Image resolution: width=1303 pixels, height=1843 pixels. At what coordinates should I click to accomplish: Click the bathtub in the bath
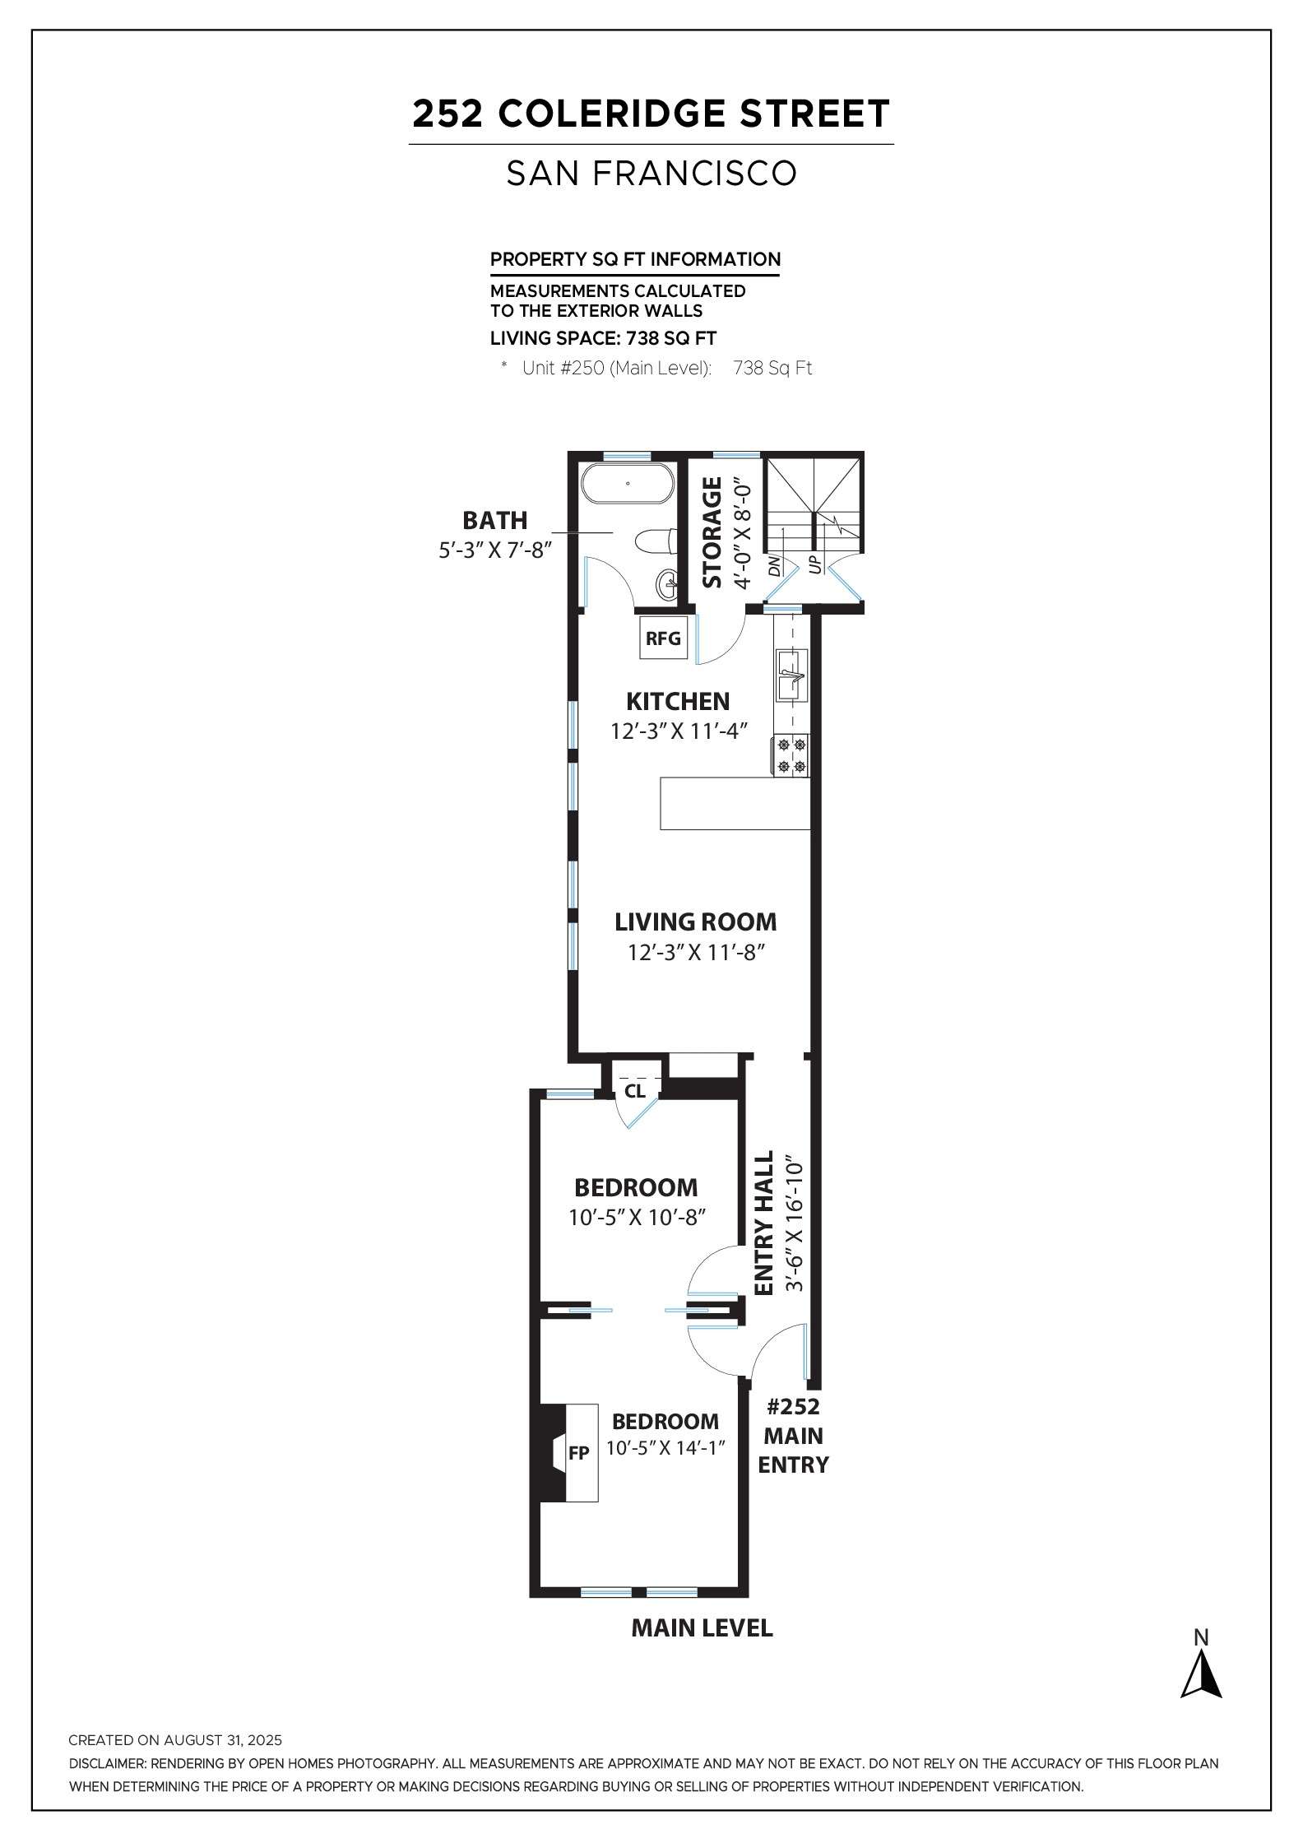point(628,484)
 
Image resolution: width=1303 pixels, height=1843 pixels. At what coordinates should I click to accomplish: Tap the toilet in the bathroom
point(656,541)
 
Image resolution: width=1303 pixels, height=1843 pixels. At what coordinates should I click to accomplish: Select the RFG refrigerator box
point(663,638)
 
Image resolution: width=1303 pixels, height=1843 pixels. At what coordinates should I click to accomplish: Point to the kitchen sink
point(792,675)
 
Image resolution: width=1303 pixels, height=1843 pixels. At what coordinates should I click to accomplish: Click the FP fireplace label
point(578,1453)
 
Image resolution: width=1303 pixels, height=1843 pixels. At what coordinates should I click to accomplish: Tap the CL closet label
point(635,1092)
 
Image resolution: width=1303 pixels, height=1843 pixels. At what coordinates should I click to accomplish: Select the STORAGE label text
point(712,532)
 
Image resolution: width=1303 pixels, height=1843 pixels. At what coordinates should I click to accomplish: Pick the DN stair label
point(773,565)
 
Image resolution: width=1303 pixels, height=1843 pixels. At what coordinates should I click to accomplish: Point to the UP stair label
point(815,564)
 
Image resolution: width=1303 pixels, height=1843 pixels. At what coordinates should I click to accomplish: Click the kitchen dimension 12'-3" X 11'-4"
point(679,731)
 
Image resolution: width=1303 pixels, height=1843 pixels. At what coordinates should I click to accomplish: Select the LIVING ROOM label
point(695,921)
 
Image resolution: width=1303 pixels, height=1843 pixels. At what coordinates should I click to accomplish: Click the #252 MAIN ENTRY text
point(793,1436)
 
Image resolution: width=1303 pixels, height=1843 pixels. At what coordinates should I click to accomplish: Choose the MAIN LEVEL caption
point(702,1628)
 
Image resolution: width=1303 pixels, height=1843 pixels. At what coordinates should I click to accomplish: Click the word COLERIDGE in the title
point(610,114)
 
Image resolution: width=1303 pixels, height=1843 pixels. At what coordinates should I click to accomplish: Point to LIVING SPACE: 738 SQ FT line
point(603,338)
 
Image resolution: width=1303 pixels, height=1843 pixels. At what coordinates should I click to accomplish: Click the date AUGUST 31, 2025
point(222,1740)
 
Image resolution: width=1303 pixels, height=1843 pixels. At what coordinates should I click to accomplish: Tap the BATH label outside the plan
point(494,520)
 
